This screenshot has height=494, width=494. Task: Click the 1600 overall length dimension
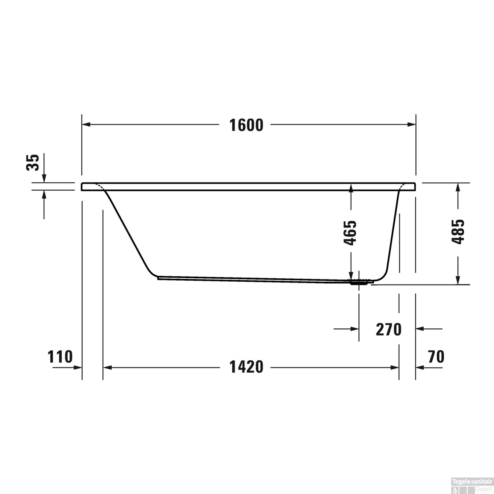[246, 125]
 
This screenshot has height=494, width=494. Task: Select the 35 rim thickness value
[33, 162]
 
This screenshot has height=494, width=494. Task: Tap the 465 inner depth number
[350, 233]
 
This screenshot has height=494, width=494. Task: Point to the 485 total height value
[458, 231]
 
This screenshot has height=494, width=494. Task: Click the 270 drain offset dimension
[389, 329]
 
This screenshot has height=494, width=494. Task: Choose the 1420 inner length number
[246, 367]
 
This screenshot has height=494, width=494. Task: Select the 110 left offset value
[60, 357]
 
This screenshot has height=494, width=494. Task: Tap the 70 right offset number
[436, 357]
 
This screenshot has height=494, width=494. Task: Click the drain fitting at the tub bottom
[359, 282]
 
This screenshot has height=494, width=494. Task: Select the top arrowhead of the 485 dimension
[457, 187]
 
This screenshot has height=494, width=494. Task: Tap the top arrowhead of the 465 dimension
[351, 188]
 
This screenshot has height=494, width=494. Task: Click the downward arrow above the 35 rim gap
[44, 178]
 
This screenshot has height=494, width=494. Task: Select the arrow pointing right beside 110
[77, 368]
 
